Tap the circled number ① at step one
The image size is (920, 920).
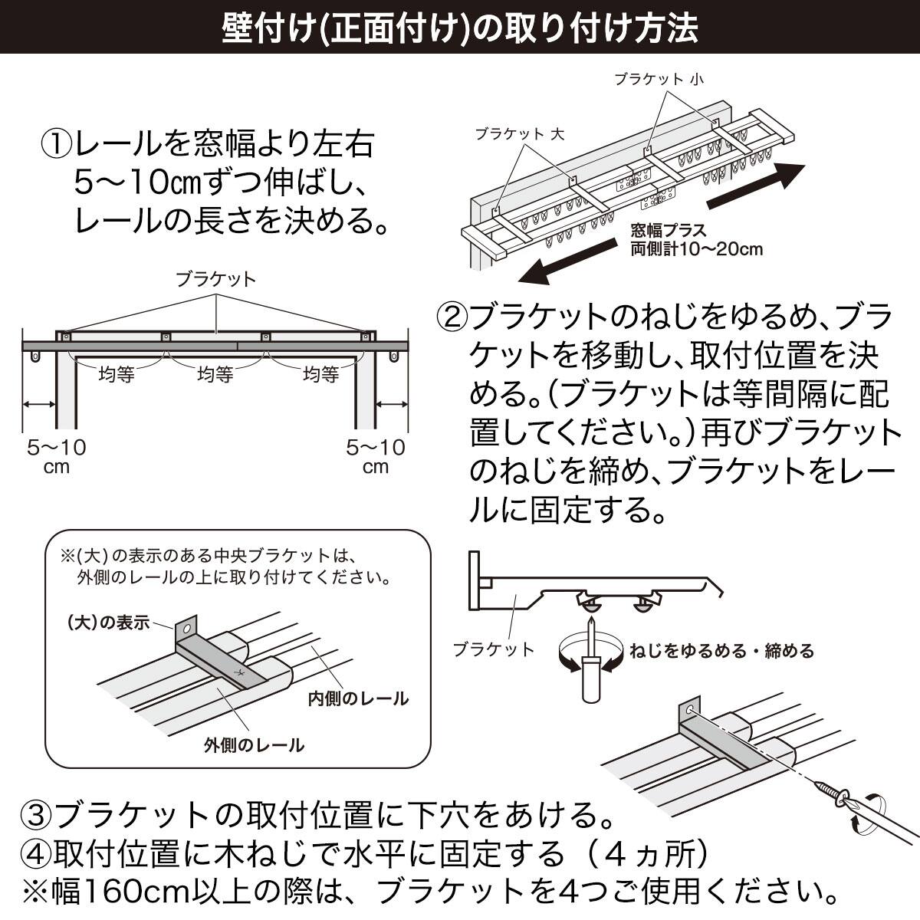tap(57, 143)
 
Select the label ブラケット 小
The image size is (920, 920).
tap(658, 79)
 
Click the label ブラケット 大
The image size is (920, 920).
tap(519, 133)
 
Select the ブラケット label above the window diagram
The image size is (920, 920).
tap(215, 279)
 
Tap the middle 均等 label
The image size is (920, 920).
tap(215, 375)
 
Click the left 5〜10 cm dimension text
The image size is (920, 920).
tap(57, 456)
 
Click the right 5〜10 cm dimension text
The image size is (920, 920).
tap(376, 456)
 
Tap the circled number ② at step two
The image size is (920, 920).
tap(452, 316)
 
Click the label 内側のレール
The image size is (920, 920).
tap(358, 698)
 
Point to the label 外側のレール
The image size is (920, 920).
tap(254, 744)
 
